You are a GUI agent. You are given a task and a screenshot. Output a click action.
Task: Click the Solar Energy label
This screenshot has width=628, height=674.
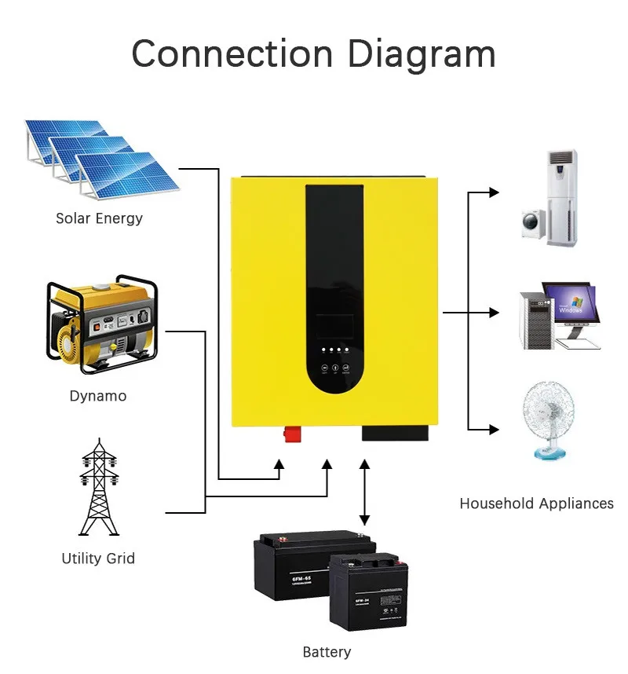99,218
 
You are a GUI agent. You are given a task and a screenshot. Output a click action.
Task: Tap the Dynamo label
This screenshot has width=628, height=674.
97,396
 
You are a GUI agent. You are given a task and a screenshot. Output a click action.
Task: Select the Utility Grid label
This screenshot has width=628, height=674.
98,559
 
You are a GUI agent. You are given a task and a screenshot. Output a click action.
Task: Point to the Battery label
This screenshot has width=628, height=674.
327,652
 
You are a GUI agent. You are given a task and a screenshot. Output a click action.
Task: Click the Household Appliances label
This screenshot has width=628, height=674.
536,504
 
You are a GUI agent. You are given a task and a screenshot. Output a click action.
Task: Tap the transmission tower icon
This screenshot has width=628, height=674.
98,488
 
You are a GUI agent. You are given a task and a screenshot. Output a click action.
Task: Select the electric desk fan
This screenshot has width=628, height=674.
548,419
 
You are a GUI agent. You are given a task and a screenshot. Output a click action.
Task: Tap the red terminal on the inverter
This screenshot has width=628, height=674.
292,433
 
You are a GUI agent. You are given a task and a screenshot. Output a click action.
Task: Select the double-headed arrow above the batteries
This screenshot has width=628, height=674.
364,493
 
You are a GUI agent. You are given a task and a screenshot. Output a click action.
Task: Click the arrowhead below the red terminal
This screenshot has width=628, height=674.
278,465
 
